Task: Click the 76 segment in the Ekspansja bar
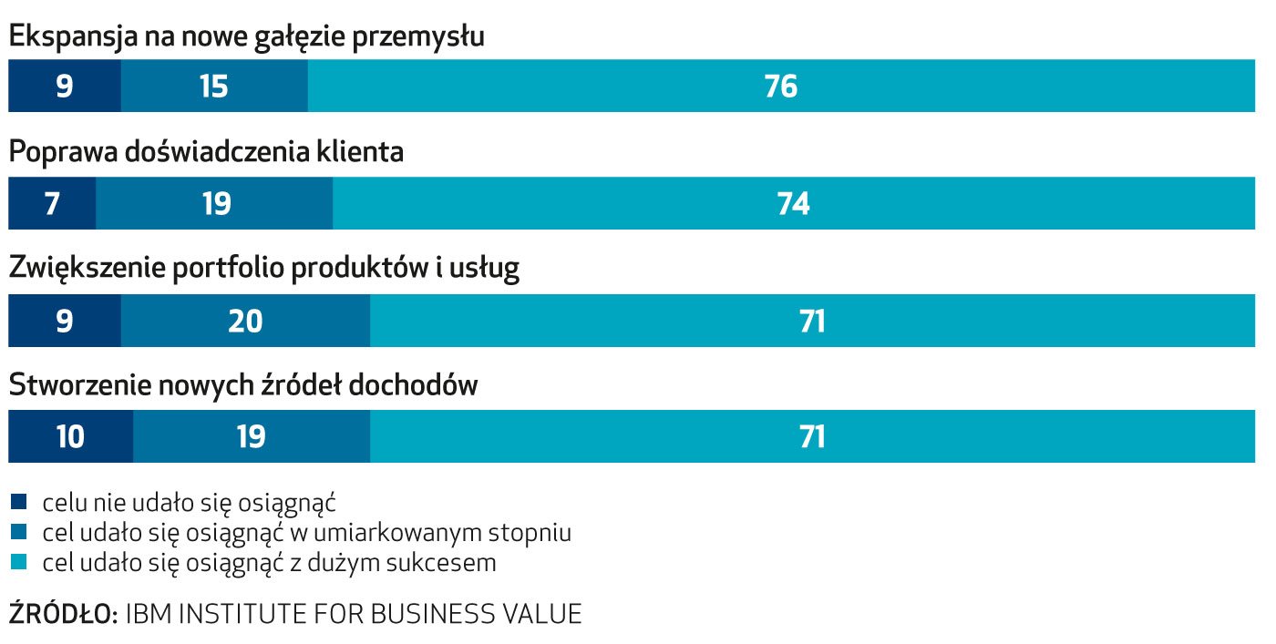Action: (x=781, y=87)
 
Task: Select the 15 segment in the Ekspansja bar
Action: (x=213, y=87)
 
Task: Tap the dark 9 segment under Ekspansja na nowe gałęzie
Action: (x=64, y=87)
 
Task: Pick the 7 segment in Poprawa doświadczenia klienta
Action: (x=52, y=203)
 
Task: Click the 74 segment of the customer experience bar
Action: (x=793, y=203)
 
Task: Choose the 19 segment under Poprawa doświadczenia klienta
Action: (x=215, y=203)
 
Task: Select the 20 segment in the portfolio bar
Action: (x=245, y=321)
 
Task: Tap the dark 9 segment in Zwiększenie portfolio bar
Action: (x=64, y=321)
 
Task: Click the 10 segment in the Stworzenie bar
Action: (x=70, y=437)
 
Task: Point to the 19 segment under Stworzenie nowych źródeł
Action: (x=251, y=437)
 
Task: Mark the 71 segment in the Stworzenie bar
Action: (x=811, y=437)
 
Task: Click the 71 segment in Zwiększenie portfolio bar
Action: (x=811, y=321)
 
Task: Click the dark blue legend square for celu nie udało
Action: (x=20, y=502)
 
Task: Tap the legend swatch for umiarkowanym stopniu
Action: (x=20, y=532)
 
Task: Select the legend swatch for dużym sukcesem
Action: (x=20, y=563)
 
